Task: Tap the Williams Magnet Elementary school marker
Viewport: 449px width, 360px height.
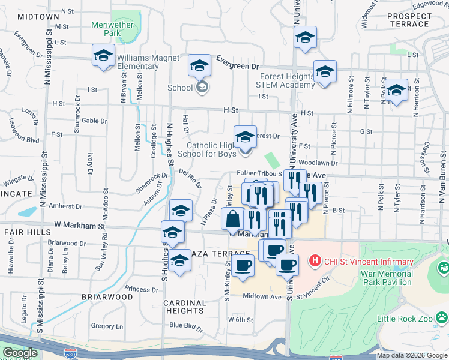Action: tap(104, 56)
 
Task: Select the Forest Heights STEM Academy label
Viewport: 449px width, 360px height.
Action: tap(287, 80)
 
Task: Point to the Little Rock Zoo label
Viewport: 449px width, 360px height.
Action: tap(406, 319)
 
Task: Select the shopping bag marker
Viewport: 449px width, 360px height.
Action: tap(233, 220)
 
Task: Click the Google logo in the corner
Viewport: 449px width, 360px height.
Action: tap(20, 353)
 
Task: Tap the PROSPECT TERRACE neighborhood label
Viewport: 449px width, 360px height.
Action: tap(410, 20)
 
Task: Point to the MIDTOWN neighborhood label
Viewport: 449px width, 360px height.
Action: tap(34, 17)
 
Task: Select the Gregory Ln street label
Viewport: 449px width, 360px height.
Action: tap(107, 326)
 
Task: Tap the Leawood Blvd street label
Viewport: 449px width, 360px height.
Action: tap(24, 140)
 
